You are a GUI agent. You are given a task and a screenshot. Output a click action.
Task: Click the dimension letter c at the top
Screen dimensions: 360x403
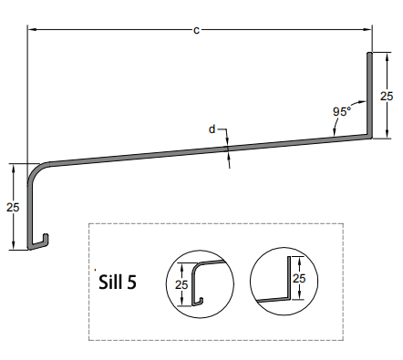click(197, 30)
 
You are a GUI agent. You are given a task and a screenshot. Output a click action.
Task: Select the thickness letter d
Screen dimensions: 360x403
click(212, 129)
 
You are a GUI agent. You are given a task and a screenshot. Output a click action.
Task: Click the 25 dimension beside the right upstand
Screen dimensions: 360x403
click(387, 95)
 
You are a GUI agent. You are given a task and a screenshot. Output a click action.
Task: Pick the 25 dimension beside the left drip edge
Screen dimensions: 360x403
click(12, 207)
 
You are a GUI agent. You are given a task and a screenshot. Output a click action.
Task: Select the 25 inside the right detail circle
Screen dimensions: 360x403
click(297, 278)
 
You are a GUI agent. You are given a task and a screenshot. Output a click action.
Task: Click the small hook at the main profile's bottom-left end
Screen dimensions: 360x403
click(42, 242)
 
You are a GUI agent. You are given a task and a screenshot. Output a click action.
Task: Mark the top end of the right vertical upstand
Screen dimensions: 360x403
click(370, 54)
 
